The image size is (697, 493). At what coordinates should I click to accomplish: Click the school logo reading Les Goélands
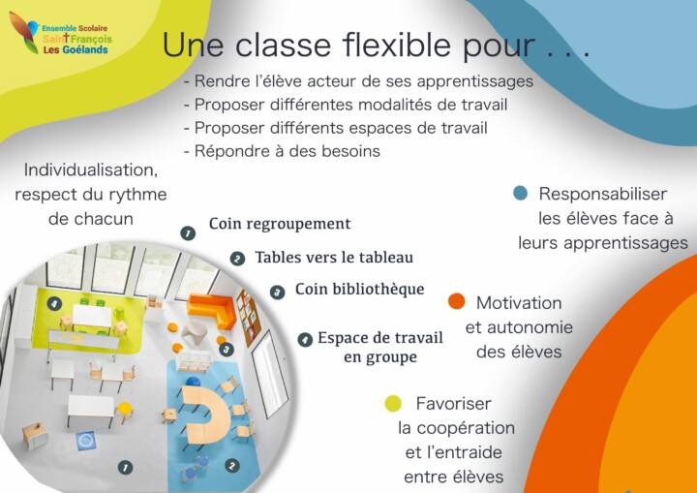[x=60, y=34]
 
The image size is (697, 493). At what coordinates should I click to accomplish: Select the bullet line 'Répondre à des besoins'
[x=283, y=151]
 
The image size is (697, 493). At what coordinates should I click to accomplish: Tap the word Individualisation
[x=91, y=169]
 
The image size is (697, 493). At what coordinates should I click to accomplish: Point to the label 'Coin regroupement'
[x=280, y=224]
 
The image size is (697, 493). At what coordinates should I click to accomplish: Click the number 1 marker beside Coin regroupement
[x=188, y=233]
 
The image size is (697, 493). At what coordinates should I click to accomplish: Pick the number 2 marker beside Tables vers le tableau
[x=237, y=259]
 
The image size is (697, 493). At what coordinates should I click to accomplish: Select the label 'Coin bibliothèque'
[x=359, y=290]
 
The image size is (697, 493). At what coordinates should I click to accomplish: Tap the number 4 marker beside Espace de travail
[x=305, y=340]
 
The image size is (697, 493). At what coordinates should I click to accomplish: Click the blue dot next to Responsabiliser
[x=520, y=193]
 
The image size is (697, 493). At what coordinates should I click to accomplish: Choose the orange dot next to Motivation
[x=457, y=301]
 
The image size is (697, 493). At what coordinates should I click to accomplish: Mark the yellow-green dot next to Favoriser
[x=393, y=404]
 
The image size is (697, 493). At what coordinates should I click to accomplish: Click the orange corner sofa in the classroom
[x=212, y=309]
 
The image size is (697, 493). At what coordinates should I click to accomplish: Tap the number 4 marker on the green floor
[x=54, y=304]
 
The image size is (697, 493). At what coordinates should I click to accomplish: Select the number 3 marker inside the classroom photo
[x=227, y=350]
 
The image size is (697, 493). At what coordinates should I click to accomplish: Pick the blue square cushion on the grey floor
[x=85, y=441]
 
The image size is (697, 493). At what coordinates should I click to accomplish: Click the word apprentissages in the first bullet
[x=474, y=82]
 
